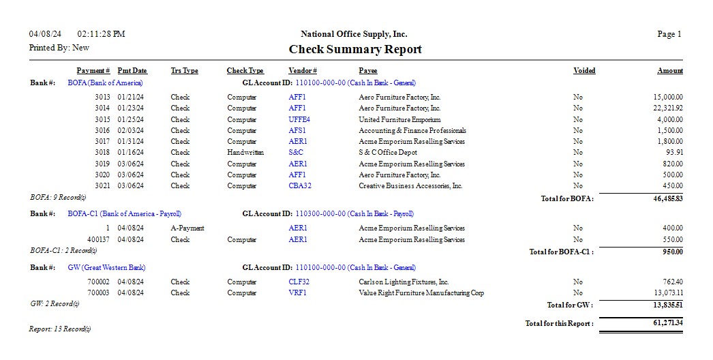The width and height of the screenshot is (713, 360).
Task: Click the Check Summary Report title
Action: click(x=355, y=49)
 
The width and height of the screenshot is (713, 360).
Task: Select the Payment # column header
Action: click(x=93, y=71)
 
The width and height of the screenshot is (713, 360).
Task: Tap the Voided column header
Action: click(x=584, y=71)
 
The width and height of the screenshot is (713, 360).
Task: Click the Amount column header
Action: click(x=669, y=71)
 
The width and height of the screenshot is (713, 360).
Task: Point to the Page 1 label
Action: click(x=669, y=34)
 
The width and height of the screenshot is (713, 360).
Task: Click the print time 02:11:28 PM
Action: click(x=102, y=34)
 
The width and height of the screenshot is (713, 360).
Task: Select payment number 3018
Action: click(x=102, y=153)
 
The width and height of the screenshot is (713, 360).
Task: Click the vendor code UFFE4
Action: click(x=299, y=119)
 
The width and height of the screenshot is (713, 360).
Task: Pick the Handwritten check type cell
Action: click(x=245, y=153)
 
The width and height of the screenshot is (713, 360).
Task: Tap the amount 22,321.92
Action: click(x=668, y=108)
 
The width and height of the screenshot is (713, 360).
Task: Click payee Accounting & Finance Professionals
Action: click(x=412, y=130)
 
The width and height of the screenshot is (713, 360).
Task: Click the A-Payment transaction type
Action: click(x=187, y=228)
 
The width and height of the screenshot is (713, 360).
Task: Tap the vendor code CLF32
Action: click(x=299, y=282)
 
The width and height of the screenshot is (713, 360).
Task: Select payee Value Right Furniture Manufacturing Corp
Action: click(x=421, y=292)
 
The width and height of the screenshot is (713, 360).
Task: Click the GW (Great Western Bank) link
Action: click(x=107, y=268)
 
